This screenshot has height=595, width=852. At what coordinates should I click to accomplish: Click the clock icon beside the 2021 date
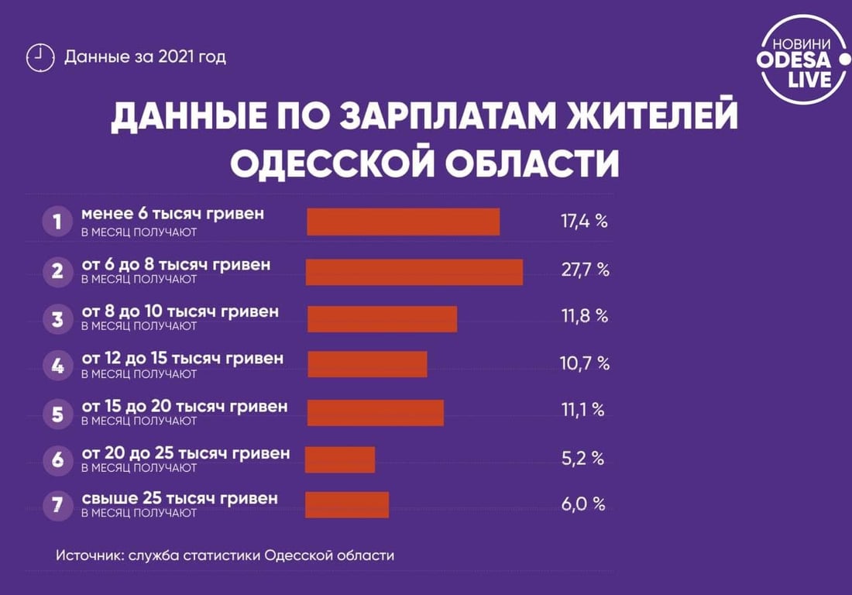[x=40, y=57]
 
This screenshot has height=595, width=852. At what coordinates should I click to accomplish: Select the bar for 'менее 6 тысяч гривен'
[x=403, y=222]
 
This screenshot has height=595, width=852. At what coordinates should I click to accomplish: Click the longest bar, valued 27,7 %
[x=414, y=272]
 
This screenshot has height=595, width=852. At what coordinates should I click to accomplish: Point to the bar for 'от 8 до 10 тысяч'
[x=382, y=318]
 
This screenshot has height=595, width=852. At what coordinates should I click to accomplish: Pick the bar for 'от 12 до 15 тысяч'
[x=367, y=364]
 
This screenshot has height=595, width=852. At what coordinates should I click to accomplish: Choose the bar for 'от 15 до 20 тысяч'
[x=376, y=412]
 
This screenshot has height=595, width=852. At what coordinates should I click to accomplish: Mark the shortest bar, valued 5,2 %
[x=340, y=459]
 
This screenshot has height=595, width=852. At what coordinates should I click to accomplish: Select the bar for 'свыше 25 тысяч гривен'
[x=347, y=504]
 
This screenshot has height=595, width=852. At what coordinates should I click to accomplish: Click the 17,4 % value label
[x=583, y=222]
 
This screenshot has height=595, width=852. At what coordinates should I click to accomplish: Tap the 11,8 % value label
[x=583, y=316]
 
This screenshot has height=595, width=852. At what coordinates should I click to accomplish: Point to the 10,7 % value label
[x=583, y=363]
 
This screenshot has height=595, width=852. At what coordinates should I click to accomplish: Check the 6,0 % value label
[x=582, y=504]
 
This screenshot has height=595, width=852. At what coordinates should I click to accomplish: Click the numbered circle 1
[x=57, y=222]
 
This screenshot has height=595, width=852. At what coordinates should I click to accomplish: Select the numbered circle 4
[x=57, y=365]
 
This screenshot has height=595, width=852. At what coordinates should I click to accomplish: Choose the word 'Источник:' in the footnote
[x=88, y=555]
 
